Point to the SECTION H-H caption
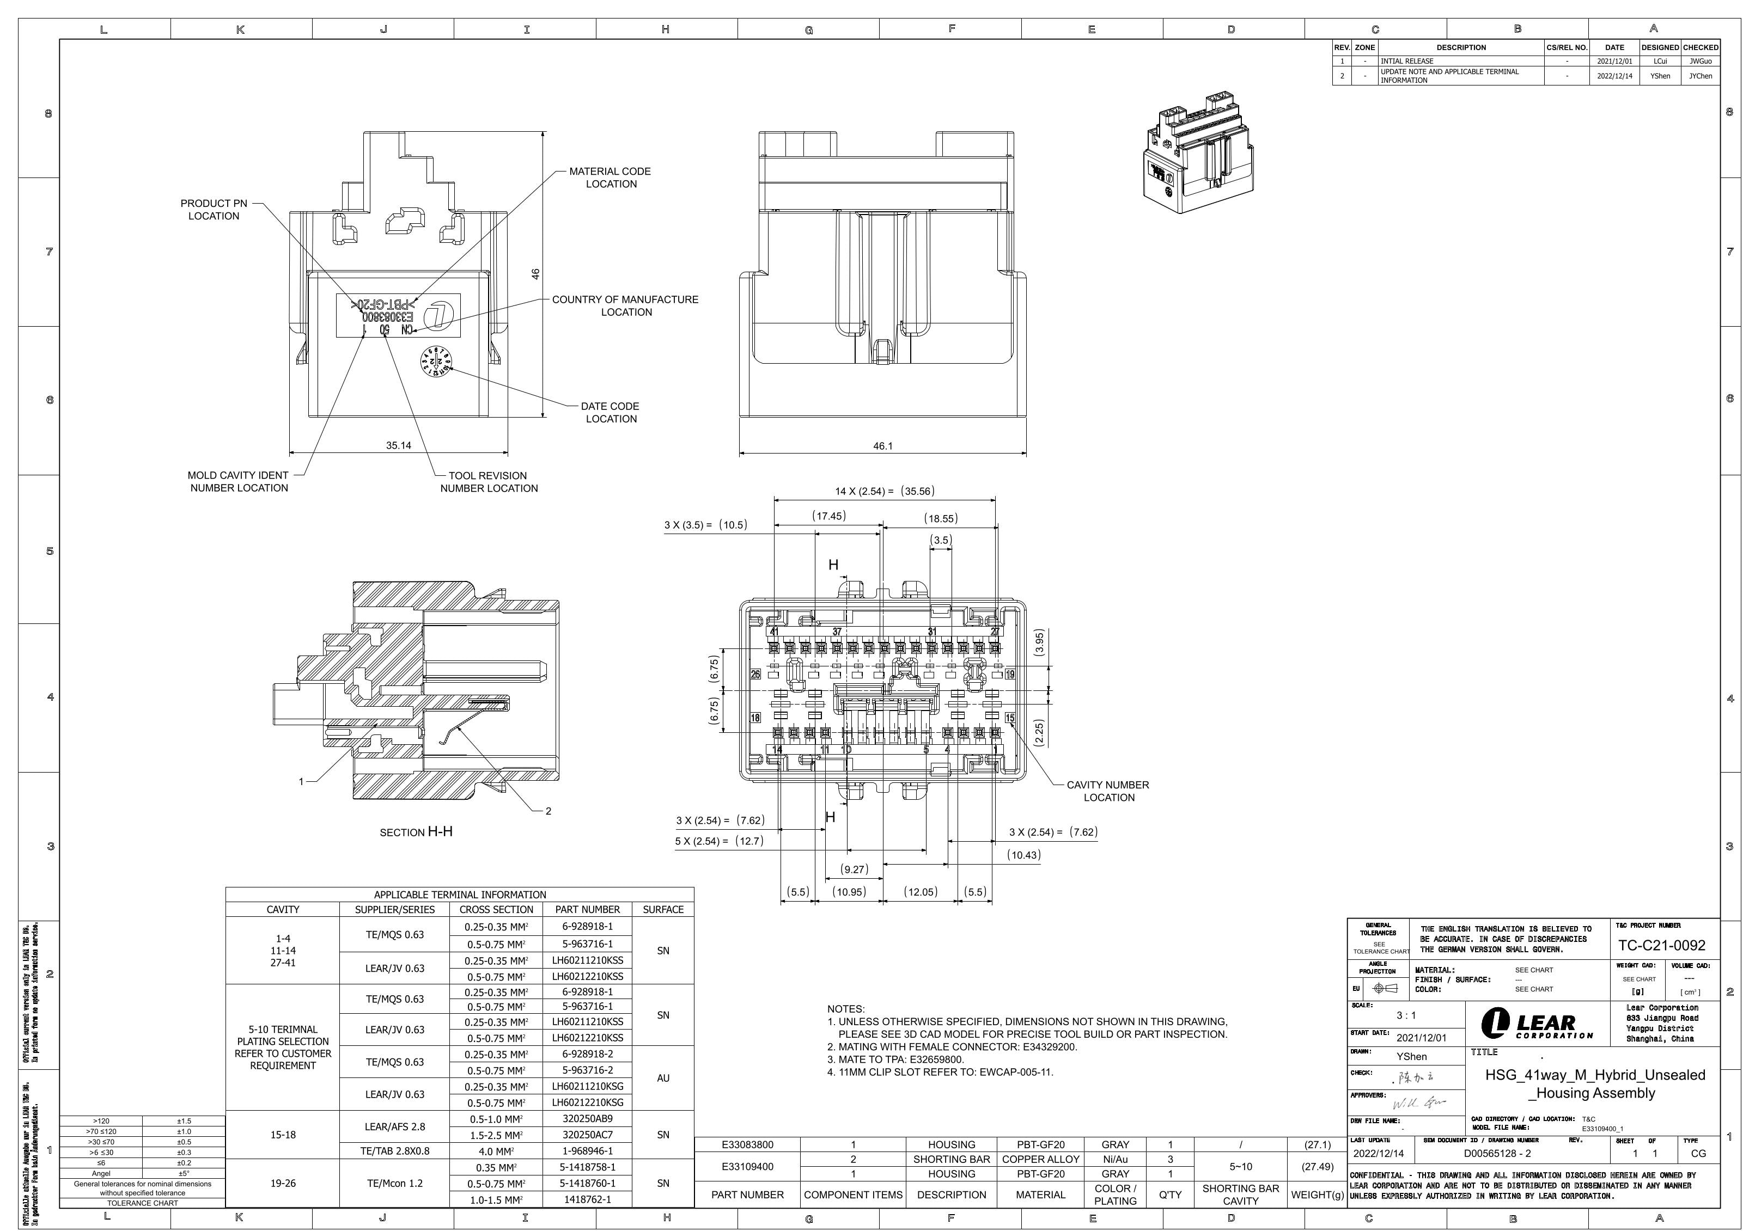pos(416,832)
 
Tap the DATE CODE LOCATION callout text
pos(611,412)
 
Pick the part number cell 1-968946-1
pos(587,1150)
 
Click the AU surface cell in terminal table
pos(663,1077)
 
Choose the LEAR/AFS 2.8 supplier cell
pos(395,1126)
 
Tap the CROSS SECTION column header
pos(496,909)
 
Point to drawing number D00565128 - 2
pos(1497,1154)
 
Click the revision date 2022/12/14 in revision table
pos(1614,76)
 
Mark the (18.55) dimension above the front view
pos(941,518)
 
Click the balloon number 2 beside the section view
pos(548,811)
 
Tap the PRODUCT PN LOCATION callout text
pos(214,210)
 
